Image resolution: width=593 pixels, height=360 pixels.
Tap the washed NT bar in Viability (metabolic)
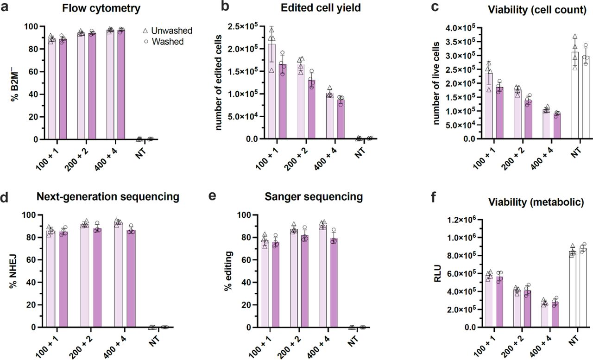(584, 287)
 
